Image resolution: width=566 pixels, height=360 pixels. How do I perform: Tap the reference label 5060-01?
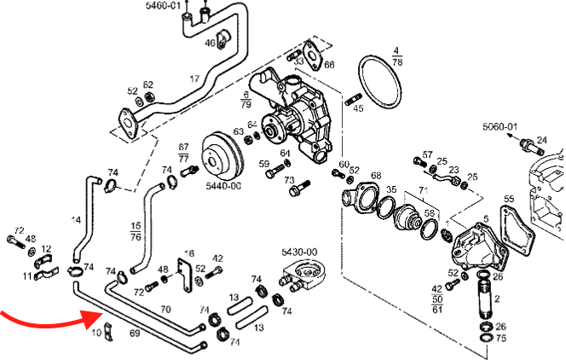500,126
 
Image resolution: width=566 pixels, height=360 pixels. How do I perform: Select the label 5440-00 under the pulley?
223,185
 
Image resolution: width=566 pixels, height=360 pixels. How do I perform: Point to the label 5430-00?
299,253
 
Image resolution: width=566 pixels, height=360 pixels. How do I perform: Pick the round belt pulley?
223,154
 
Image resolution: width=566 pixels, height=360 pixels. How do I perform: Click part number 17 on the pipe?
194,78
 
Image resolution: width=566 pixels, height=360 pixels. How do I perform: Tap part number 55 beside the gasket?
509,200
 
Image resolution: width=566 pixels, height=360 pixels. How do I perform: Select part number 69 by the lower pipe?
134,333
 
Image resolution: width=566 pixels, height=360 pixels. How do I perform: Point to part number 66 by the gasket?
329,65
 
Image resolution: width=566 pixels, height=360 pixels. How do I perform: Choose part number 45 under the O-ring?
358,108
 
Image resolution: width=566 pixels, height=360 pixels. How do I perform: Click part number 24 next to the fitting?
541,139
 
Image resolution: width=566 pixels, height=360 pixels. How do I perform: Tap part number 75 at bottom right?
500,338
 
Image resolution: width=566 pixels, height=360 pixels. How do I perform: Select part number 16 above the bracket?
189,253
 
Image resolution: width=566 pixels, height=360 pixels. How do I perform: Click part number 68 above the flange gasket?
375,176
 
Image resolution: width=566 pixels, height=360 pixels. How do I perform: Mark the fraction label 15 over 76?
135,230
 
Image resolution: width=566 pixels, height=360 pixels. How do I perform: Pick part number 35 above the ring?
391,189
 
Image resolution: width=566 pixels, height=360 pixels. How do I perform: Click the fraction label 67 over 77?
183,152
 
